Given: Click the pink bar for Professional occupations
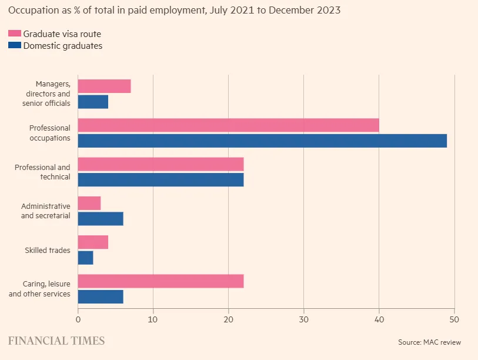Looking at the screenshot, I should tap(228, 125).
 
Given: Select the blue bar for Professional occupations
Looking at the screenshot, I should tap(262, 141).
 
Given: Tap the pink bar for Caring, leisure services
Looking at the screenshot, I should tap(161, 281).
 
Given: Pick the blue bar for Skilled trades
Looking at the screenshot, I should tap(86, 258).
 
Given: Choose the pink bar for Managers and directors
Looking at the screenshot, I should tap(104, 86).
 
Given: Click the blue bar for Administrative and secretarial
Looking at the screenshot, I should tap(101, 219).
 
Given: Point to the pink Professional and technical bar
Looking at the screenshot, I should tap(161, 164).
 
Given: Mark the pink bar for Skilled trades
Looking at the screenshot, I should tap(93, 242).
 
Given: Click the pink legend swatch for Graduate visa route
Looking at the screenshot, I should tap(15, 34).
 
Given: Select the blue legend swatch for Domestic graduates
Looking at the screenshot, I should tap(15, 45).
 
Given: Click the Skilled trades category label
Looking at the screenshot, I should tap(48, 251).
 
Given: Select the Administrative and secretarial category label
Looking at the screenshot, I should tap(45, 211).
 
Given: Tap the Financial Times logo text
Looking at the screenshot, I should tap(56, 341).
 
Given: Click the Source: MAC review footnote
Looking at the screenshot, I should tap(429, 342).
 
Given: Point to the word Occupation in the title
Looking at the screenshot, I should tap(32, 11).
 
